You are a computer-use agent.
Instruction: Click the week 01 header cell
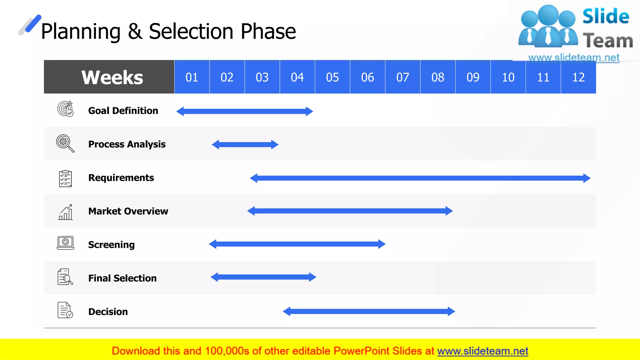click(x=192, y=77)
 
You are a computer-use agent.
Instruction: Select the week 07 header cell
click(x=402, y=77)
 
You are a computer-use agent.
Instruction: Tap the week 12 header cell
click(x=578, y=77)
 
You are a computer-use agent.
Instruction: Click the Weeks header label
click(x=112, y=77)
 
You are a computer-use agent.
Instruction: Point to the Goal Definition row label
click(x=123, y=111)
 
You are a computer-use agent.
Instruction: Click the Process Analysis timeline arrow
click(x=245, y=144)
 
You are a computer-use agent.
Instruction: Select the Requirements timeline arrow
click(x=420, y=178)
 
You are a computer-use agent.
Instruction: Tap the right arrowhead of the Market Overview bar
click(x=449, y=211)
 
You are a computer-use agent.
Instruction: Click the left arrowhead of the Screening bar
click(x=213, y=244)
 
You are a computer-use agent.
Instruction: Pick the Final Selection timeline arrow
click(x=263, y=277)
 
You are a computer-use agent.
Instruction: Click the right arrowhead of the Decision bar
click(x=451, y=311)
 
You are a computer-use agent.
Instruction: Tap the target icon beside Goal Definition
click(x=65, y=109)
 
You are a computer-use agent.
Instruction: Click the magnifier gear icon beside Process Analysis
click(x=65, y=143)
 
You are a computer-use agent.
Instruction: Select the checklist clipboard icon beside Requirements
click(x=65, y=178)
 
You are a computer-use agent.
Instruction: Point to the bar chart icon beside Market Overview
click(x=66, y=212)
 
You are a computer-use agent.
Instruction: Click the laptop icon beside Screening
click(x=65, y=243)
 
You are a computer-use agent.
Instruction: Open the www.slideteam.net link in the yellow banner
click(x=482, y=351)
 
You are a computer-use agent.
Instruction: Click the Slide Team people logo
click(x=547, y=27)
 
